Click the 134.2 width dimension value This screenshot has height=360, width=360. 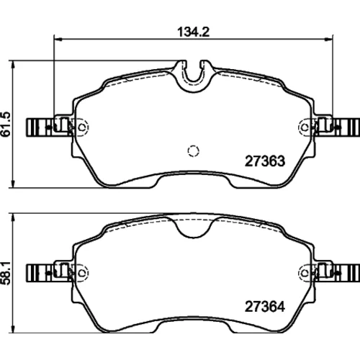tap(194, 32)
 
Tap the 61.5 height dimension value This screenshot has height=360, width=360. tap(6, 125)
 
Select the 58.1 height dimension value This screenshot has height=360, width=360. tap(6, 273)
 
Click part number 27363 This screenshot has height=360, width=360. tap(265, 161)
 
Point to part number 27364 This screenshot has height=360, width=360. tap(265, 307)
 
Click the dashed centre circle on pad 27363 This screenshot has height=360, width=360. tap(193, 151)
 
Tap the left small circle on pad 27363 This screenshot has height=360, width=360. tap(82, 127)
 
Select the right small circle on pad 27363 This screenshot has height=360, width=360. tap(305, 127)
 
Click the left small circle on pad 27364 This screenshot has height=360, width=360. tap(82, 273)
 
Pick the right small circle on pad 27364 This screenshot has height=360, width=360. tap(305, 273)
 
